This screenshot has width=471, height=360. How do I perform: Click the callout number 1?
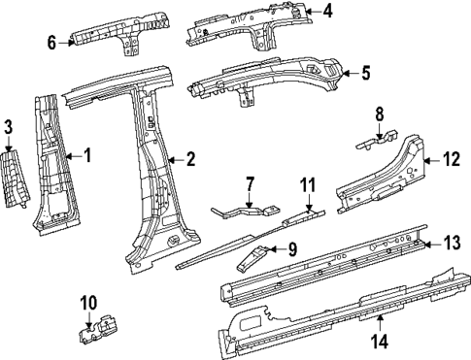tap(86, 154)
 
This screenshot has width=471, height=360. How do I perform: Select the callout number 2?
tap(191, 158)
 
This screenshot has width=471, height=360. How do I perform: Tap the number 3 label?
tap(8, 127)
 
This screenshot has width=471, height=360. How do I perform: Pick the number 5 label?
tap(365, 72)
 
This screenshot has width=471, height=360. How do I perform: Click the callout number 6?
tap(52, 41)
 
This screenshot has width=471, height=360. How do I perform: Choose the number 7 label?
tap(249, 183)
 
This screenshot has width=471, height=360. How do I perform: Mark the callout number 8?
tap(380, 115)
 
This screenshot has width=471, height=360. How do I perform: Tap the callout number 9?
tap(292, 249)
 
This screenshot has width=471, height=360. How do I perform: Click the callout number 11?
tap(308, 183)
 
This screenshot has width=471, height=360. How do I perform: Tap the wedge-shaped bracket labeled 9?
tap(257, 256)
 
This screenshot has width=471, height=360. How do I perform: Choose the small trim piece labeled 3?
tap(17, 179)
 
